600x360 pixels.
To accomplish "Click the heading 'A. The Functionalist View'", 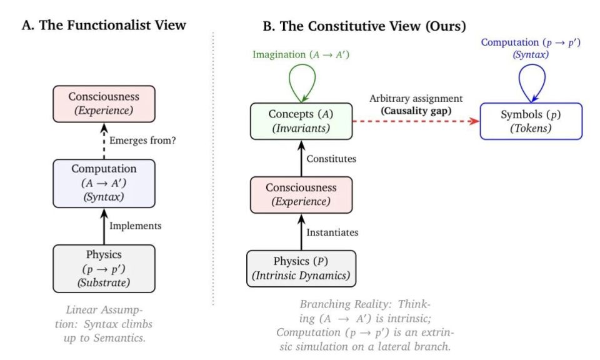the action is tap(104, 25).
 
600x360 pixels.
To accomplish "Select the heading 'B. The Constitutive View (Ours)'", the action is tap(364, 26).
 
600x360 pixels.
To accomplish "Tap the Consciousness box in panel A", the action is tap(104, 104).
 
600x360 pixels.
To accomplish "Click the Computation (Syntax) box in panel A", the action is tap(104, 183).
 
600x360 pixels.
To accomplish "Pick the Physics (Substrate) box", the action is tap(104, 269).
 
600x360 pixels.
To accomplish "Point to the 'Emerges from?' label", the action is tap(142, 141).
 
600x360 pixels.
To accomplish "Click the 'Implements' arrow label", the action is tap(136, 226).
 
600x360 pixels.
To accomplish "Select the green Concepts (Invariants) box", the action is tap(301, 121).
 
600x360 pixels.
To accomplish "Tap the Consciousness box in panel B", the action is tap(301, 195).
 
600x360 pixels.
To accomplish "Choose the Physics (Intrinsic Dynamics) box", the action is tap(301, 269).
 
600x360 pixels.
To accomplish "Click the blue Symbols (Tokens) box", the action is tap(531, 121).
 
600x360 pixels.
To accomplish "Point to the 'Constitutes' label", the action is tap(331, 159).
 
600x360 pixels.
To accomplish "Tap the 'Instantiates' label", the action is tap(332, 232).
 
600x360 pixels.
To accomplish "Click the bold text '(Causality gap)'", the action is tap(416, 111).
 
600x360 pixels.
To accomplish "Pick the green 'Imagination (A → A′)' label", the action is tap(301, 55).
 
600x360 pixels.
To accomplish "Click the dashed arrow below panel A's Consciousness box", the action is tap(104, 141).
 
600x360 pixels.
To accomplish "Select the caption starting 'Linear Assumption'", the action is tap(104, 324).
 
